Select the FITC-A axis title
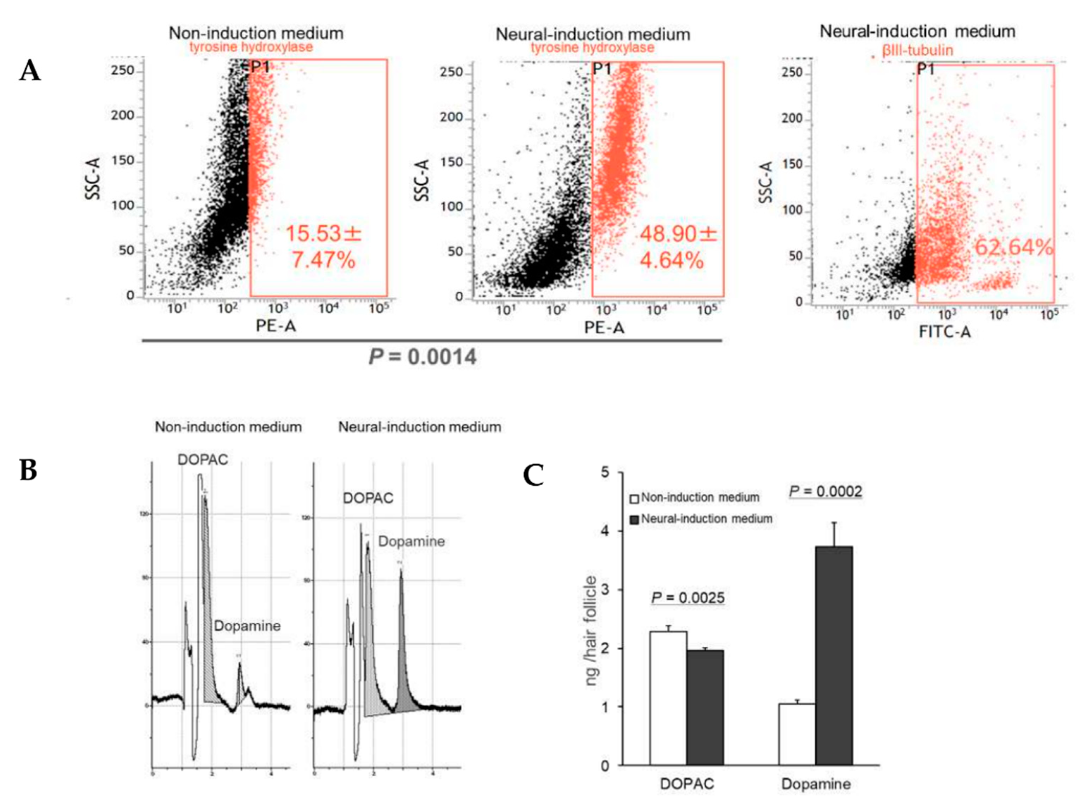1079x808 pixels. (944, 332)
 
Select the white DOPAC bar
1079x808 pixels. (668, 698)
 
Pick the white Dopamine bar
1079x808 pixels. (797, 734)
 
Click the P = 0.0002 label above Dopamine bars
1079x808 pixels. (825, 491)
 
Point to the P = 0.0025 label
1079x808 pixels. (688, 597)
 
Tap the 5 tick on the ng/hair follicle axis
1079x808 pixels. (605, 473)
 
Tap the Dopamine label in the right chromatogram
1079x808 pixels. (411, 541)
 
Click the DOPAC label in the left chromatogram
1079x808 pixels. (202, 460)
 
